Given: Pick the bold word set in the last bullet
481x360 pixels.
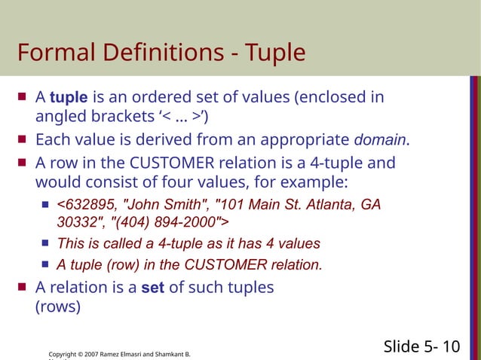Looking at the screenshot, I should (x=153, y=287).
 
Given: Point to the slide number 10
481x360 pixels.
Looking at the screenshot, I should (x=451, y=346).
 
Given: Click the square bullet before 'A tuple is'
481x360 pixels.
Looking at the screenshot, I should (x=23, y=97).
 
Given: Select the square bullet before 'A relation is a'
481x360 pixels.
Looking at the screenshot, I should (x=23, y=287).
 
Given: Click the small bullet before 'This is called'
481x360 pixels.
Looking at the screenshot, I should (x=45, y=243).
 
